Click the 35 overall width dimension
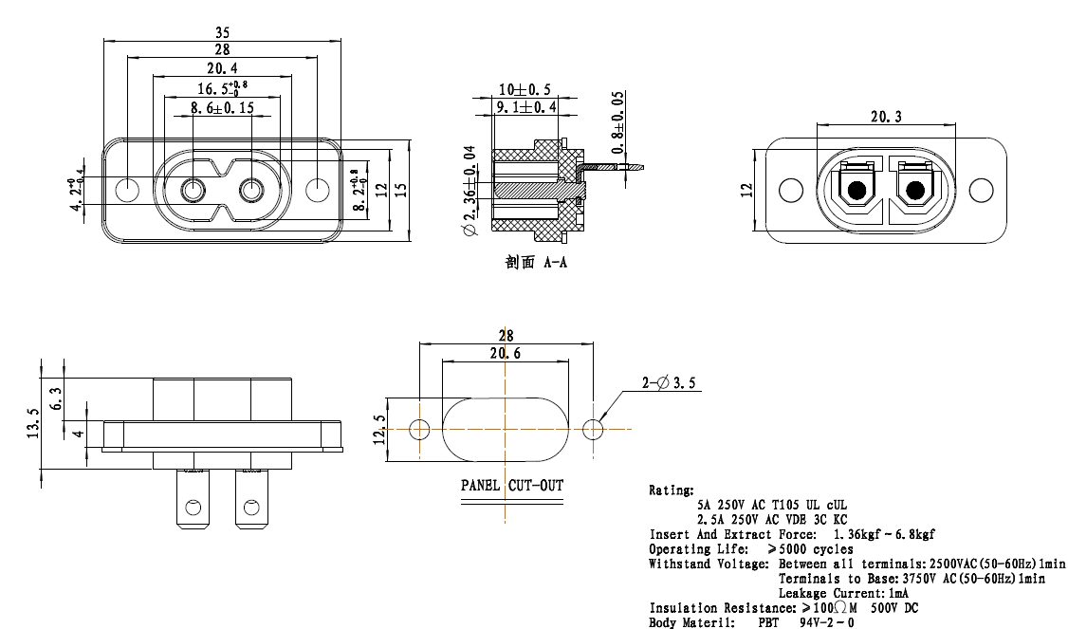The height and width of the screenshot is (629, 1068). click(x=222, y=32)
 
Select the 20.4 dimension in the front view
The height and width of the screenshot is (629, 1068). click(x=222, y=68)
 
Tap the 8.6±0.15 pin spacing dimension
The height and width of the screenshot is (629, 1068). click(x=222, y=107)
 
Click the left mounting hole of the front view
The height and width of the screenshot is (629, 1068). click(x=127, y=190)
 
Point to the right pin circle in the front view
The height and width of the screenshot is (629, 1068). click(x=252, y=191)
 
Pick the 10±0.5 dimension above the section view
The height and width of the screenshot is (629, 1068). click(x=525, y=89)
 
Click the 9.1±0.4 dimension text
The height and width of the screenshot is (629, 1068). click(x=525, y=107)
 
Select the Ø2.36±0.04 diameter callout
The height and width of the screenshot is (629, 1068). click(x=470, y=191)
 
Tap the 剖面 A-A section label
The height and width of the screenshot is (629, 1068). click(x=535, y=263)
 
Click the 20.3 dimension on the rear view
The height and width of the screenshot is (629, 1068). click(x=886, y=117)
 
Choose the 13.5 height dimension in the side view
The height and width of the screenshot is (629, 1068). click(x=33, y=423)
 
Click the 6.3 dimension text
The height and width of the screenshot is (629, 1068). click(x=56, y=398)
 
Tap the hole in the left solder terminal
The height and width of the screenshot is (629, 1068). click(x=193, y=508)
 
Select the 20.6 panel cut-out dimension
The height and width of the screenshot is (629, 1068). click(x=506, y=353)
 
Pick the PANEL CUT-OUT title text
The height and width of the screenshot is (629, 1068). click(x=512, y=485)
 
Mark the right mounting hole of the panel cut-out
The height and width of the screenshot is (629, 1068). click(x=593, y=430)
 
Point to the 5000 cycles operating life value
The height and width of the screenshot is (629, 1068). click(x=810, y=549)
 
